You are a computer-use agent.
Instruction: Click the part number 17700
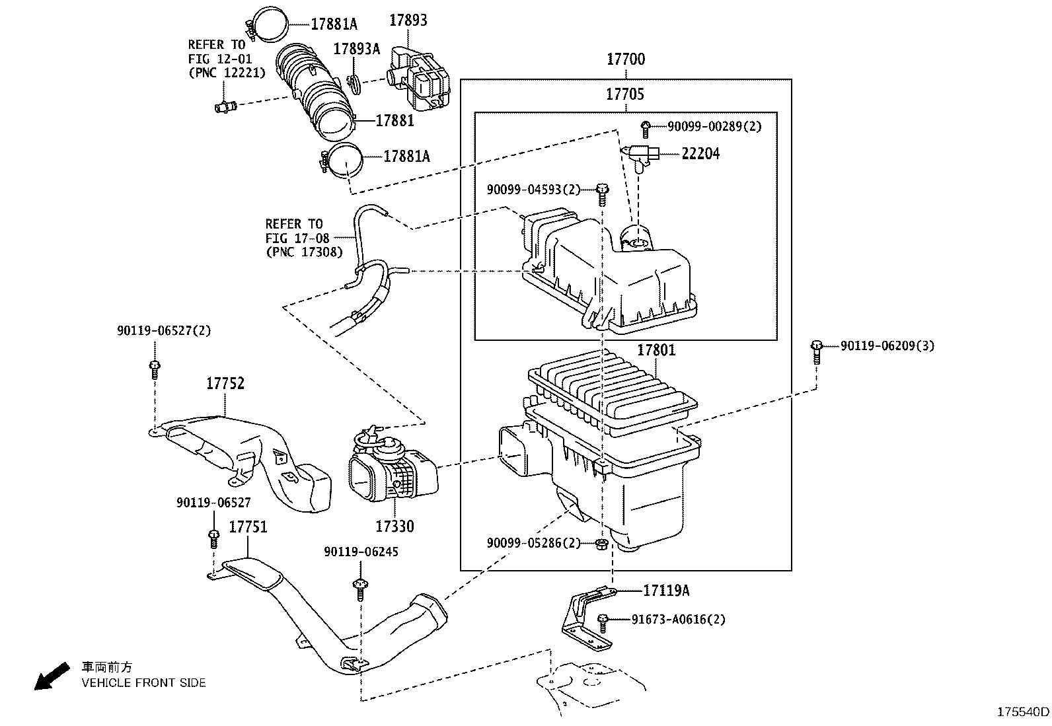(x=625, y=59)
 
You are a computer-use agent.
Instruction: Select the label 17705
(x=624, y=94)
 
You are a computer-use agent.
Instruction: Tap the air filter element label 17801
(x=656, y=350)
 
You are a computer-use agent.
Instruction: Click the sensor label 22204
(x=700, y=154)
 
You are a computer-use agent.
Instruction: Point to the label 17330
(x=394, y=526)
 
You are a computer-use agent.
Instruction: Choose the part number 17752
(x=225, y=383)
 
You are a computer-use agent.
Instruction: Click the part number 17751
(x=248, y=527)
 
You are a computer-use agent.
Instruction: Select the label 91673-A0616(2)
(x=678, y=620)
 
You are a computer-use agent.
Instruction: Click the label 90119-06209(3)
(x=887, y=345)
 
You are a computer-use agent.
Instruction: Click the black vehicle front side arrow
(x=52, y=676)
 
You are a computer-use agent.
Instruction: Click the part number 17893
(x=408, y=20)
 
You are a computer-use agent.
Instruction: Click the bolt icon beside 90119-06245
(x=360, y=587)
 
